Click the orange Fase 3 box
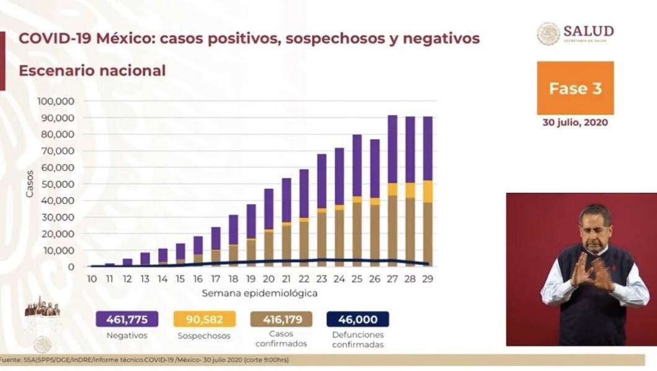tap(575, 87)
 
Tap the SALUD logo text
tap(588, 31)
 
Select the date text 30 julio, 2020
tap(575, 122)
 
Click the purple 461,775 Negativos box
tap(126, 319)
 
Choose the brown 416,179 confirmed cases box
tap(281, 319)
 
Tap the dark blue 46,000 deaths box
tap(358, 319)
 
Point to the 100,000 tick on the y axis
tap(56, 101)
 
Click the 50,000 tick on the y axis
tap(58, 184)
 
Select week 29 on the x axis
tap(428, 280)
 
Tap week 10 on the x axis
tap(92, 280)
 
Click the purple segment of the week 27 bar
tap(392, 149)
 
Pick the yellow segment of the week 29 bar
tap(428, 191)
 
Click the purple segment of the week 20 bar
tap(269, 208)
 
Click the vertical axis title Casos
tap(30, 184)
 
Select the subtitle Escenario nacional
tap(92, 71)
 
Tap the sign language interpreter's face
tap(593, 227)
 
